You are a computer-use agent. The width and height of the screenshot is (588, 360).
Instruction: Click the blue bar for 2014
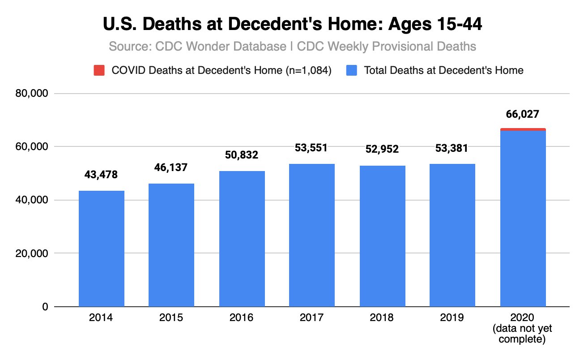[x=102, y=249]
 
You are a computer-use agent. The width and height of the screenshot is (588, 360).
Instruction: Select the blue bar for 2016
[x=242, y=239]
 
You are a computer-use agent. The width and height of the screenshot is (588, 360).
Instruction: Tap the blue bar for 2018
[x=382, y=236]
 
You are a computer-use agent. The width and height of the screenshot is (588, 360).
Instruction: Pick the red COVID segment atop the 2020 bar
[x=523, y=129]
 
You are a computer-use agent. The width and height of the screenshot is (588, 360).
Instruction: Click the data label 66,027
[x=523, y=114]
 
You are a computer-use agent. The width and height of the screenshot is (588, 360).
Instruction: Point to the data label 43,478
[x=101, y=175]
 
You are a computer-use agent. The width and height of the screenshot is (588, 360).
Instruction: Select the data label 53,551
[x=312, y=148]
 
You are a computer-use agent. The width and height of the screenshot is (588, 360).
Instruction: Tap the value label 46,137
[x=171, y=167]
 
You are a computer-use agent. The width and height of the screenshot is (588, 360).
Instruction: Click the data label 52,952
[x=382, y=150]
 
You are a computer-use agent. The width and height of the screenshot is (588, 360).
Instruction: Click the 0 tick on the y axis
[x=45, y=307]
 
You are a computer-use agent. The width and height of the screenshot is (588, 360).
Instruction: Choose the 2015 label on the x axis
[x=171, y=318]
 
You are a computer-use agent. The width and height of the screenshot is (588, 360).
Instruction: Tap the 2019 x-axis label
[x=452, y=318]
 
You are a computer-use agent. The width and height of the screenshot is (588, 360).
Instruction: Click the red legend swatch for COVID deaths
[x=99, y=70]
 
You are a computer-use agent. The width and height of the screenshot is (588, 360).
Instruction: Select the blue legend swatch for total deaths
[x=352, y=70]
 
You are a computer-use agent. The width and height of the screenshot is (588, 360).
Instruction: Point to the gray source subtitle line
[x=292, y=47]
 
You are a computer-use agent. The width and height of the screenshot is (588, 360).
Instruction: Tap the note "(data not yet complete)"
[x=523, y=334]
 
